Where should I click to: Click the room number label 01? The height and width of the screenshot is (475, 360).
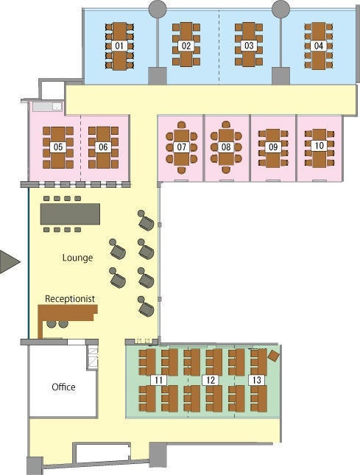pos(119,46)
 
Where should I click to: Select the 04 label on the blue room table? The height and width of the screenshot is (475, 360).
pos(318,46)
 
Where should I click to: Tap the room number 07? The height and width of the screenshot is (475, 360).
pos(181,147)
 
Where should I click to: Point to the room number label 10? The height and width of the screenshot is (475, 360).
pos(319,146)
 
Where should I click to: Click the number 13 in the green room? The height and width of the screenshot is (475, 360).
pos(256,380)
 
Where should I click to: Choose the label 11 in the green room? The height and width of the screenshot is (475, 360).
pos(159,380)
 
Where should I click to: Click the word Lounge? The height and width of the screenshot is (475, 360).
pos(77,258)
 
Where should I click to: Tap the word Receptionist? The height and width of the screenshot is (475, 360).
pos(70,299)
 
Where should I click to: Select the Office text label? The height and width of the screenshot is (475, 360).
pos(63,387)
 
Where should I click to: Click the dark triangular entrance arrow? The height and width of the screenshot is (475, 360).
pos(9,261)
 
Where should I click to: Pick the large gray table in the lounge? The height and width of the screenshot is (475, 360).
pos(70,214)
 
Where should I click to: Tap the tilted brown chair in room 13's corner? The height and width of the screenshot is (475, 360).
pos(273,356)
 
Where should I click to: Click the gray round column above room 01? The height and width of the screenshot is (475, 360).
pos(158,9)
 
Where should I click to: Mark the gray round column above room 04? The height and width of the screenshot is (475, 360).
pos(280,9)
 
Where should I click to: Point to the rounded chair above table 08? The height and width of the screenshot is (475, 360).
pos(226,124)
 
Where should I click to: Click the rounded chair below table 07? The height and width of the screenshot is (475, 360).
pos(181,170)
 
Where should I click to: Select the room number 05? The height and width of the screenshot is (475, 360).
pos(58,147)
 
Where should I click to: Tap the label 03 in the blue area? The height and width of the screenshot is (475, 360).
pos(249,46)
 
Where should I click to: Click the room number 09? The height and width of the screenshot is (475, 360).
pos(273,147)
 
